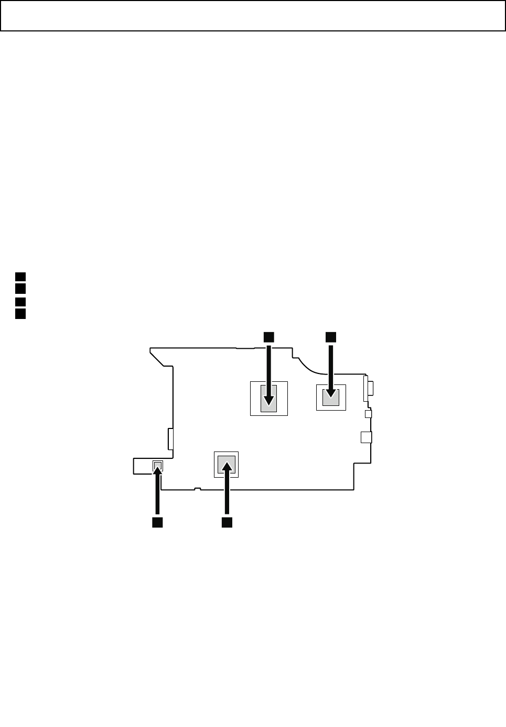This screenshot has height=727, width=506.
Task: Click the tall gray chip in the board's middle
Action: click(268, 399)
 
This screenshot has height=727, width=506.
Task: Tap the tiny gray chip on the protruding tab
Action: click(157, 465)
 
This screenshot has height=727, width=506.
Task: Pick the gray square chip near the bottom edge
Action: click(227, 465)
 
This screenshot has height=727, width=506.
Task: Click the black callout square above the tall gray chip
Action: click(268, 337)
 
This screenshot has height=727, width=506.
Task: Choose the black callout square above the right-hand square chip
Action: click(330, 337)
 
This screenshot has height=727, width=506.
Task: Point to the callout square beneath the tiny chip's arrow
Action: click(157, 522)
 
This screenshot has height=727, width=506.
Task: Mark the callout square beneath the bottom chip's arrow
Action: click(227, 522)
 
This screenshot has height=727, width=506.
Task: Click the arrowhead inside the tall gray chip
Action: click(268, 400)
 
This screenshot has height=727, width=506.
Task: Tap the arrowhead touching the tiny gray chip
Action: click(157, 470)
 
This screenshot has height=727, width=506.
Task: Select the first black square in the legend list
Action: click(20, 277)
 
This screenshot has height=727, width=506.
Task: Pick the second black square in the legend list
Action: click(20, 289)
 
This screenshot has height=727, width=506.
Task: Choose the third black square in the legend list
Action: click(20, 302)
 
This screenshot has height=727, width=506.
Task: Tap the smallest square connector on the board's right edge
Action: click(368, 414)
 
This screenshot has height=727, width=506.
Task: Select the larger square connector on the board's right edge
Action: click(367, 437)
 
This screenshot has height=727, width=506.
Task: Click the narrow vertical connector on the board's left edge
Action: click(170, 438)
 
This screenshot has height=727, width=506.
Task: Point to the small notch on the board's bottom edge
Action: click(197, 489)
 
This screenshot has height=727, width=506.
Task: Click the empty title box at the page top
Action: click(253, 16)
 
